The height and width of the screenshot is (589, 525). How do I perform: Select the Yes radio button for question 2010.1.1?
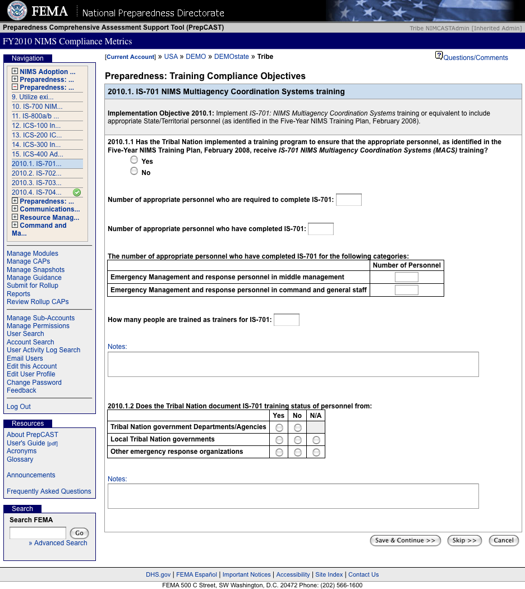coord(134,160)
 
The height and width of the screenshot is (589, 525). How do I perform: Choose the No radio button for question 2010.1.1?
coord(134,172)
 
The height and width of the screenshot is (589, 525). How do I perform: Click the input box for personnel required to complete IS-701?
coord(348,200)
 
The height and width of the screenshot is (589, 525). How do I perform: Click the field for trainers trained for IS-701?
coord(286,320)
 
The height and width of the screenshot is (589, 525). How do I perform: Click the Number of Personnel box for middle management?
coord(406,277)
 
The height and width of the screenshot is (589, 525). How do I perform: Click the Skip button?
coord(464,540)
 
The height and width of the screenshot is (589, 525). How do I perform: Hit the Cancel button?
coord(503,540)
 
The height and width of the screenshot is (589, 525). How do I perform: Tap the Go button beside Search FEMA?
coord(79,533)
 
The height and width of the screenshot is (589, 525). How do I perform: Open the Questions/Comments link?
coord(475,58)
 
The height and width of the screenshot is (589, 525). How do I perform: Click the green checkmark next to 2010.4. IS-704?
coord(77,192)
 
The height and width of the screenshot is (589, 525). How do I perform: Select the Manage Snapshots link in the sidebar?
coord(35,270)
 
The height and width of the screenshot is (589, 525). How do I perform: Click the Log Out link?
coord(19,407)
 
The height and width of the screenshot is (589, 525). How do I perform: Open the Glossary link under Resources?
coord(20,459)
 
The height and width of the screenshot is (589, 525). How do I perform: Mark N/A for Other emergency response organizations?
coord(316,452)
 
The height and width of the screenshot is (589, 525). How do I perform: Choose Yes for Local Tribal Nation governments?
coord(279,440)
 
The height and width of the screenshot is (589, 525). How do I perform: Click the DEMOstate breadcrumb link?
coord(231,57)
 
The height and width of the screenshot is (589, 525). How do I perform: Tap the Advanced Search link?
coord(61,543)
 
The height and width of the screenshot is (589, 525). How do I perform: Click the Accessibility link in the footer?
coord(293,574)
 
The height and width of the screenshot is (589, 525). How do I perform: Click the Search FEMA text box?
coord(38,533)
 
